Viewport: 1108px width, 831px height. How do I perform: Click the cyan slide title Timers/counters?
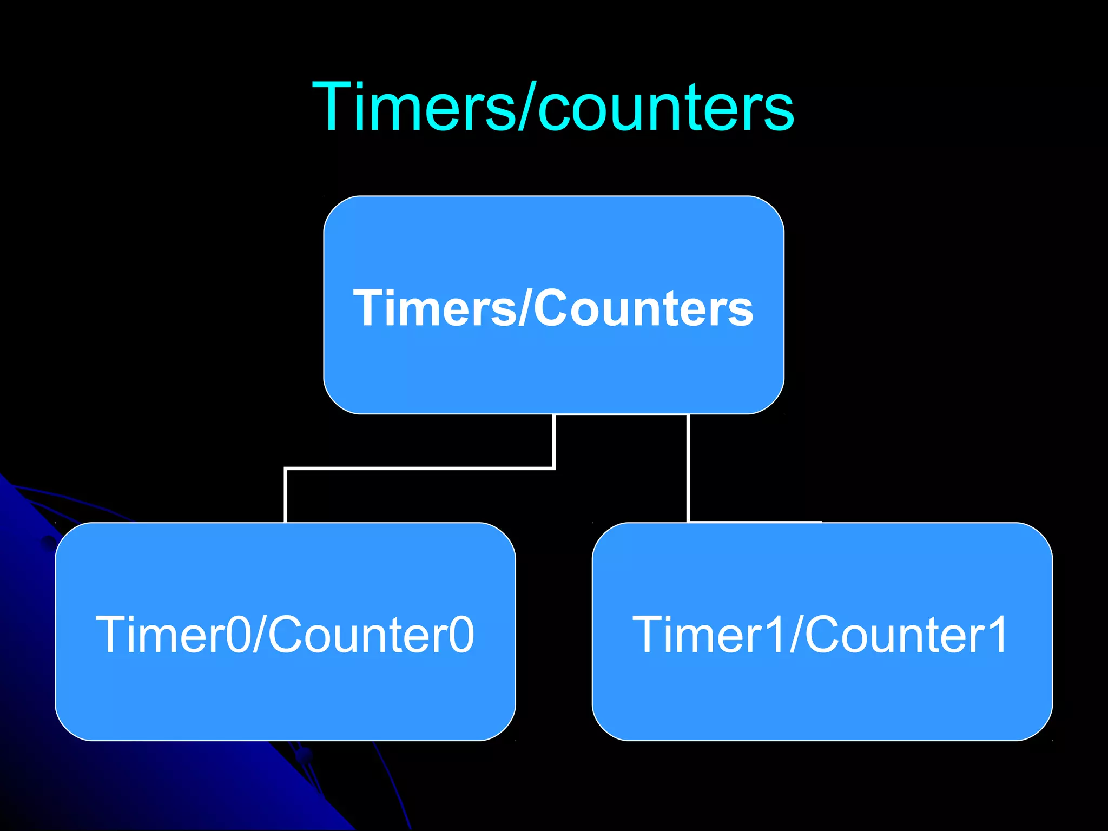point(553,107)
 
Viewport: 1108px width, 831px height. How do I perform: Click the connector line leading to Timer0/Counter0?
point(420,468)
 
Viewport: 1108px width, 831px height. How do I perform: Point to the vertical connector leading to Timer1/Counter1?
point(688,468)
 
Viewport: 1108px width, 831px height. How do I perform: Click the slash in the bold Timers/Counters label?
point(523,307)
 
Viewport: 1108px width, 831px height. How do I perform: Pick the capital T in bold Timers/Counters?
point(370,307)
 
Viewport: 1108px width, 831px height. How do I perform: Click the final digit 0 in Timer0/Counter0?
point(462,635)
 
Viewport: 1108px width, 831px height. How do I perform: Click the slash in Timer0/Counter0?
point(258,635)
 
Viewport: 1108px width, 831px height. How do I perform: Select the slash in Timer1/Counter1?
point(795,635)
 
